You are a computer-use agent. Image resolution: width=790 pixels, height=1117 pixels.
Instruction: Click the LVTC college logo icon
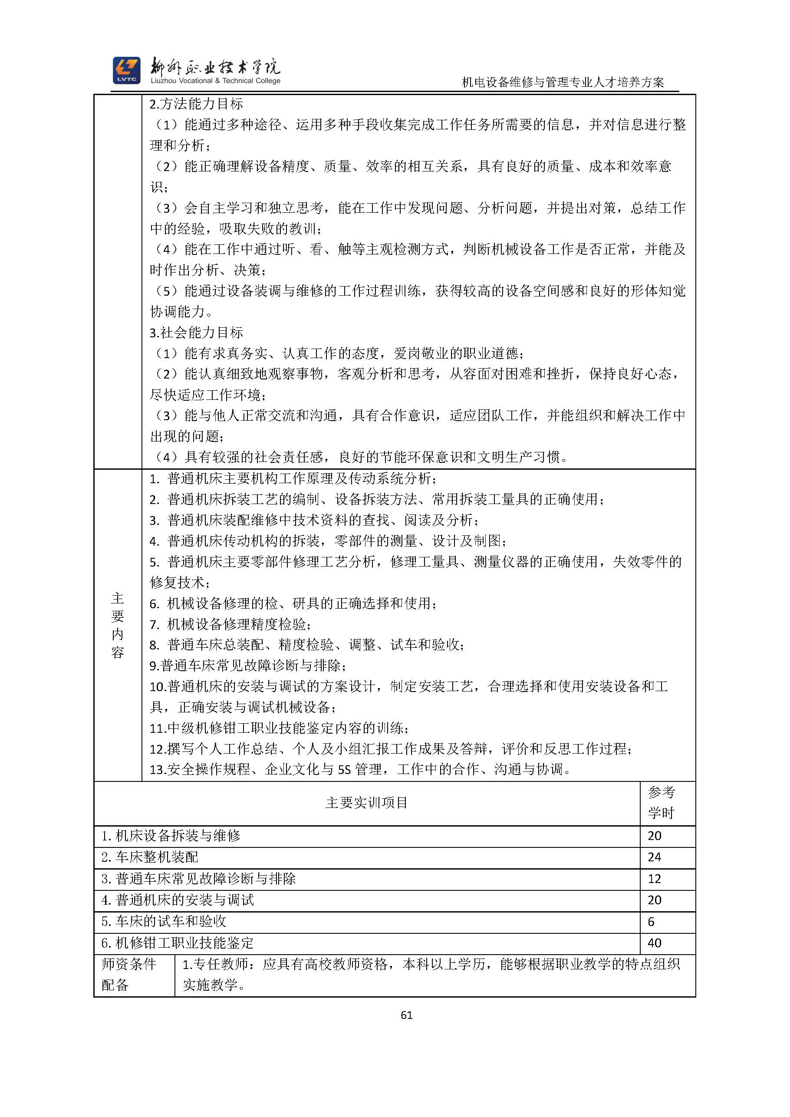click(x=126, y=70)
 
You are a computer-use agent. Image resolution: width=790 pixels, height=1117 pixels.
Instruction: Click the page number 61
click(x=407, y=1015)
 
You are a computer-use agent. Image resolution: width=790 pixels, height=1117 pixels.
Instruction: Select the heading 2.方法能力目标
click(x=196, y=104)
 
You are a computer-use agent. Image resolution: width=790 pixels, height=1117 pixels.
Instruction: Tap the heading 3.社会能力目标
click(x=196, y=333)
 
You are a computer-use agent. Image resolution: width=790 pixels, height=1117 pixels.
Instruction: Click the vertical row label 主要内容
click(x=118, y=625)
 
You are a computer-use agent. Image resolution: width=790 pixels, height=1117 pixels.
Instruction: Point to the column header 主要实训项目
click(x=366, y=802)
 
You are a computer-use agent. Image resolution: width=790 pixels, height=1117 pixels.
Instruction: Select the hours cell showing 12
click(x=654, y=879)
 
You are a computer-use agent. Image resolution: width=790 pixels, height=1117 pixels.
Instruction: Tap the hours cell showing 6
click(x=652, y=922)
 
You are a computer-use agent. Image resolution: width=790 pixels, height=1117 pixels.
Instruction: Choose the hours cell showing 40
click(x=654, y=943)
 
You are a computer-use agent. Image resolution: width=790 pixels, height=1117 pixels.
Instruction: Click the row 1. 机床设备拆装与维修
click(x=171, y=835)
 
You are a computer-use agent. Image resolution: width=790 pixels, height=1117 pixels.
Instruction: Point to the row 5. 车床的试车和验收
click(x=164, y=922)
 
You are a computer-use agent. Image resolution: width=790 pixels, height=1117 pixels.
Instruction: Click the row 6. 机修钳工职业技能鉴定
click(x=178, y=943)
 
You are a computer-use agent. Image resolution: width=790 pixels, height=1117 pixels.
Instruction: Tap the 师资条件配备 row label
click(x=129, y=975)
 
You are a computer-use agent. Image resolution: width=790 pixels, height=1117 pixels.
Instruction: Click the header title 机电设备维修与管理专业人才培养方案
click(x=563, y=82)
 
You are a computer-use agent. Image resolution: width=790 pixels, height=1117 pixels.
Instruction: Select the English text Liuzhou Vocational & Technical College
click(x=215, y=81)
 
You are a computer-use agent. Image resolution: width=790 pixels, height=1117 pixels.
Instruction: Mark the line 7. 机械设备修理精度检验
click(x=230, y=624)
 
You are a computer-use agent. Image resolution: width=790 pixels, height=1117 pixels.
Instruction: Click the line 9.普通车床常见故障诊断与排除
click(x=248, y=666)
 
